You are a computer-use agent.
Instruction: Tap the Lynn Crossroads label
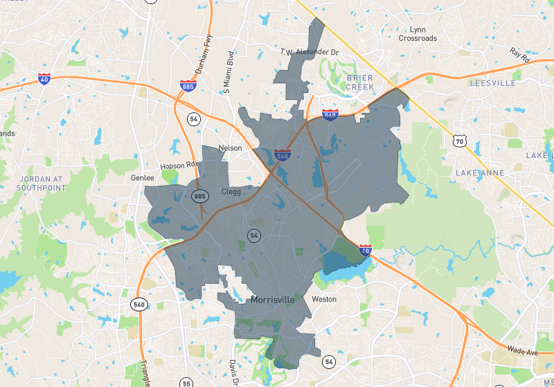point(418,34)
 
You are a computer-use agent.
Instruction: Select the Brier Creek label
point(359,83)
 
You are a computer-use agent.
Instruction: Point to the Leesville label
point(492,83)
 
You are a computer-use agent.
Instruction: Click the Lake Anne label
point(481,172)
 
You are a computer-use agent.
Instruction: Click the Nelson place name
point(230,148)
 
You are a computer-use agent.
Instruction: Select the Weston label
point(324,300)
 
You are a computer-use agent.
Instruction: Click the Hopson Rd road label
point(179,166)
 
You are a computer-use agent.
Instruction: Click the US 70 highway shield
point(459,141)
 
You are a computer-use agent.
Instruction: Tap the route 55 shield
point(186,382)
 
